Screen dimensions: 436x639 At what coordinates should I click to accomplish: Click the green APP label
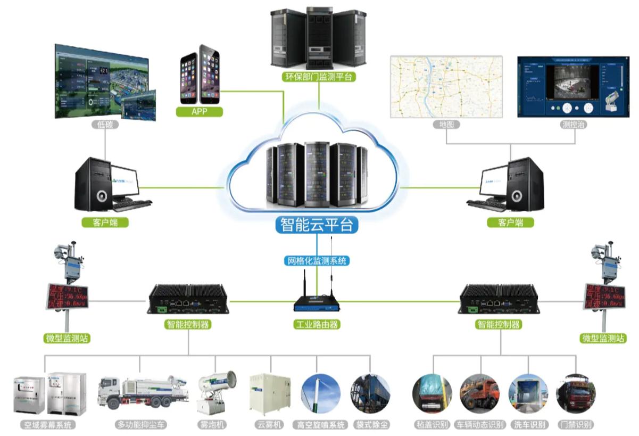coord(199,111)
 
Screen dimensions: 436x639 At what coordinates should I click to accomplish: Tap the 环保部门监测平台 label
coord(318,77)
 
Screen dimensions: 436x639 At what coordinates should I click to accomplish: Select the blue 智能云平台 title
coord(317,225)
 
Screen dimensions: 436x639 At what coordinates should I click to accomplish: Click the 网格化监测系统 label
coord(317,261)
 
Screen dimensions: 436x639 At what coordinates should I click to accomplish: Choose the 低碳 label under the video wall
coord(104,125)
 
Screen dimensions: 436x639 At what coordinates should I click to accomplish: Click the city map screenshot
coord(446,86)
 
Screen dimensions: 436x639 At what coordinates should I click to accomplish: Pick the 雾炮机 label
coord(212,425)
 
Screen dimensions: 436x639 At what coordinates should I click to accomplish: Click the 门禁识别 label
coord(576,425)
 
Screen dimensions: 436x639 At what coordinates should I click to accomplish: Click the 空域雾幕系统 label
coord(47,425)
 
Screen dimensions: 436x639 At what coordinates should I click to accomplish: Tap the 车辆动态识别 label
coord(480,425)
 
